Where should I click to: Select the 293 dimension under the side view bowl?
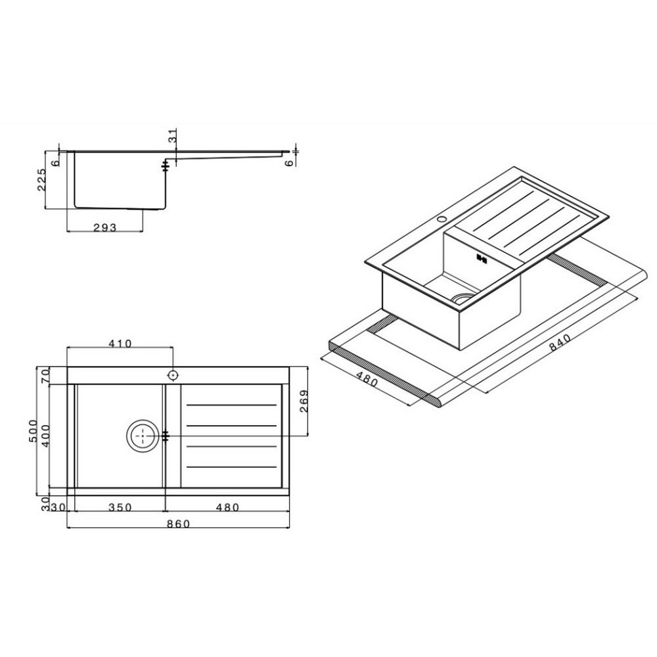coord(105,227)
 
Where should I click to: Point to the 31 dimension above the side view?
coord(173,136)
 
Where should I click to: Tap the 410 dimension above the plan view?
coord(120,343)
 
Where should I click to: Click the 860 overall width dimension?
coord(179,524)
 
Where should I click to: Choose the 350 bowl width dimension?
coord(120,507)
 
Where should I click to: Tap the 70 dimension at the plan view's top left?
coord(45,376)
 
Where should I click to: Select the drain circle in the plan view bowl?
coord(141,435)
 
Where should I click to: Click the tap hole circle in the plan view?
coord(173,375)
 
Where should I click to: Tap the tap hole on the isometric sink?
coord(442,217)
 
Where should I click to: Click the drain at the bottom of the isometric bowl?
coord(463,298)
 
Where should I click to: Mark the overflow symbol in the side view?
coord(166,167)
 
